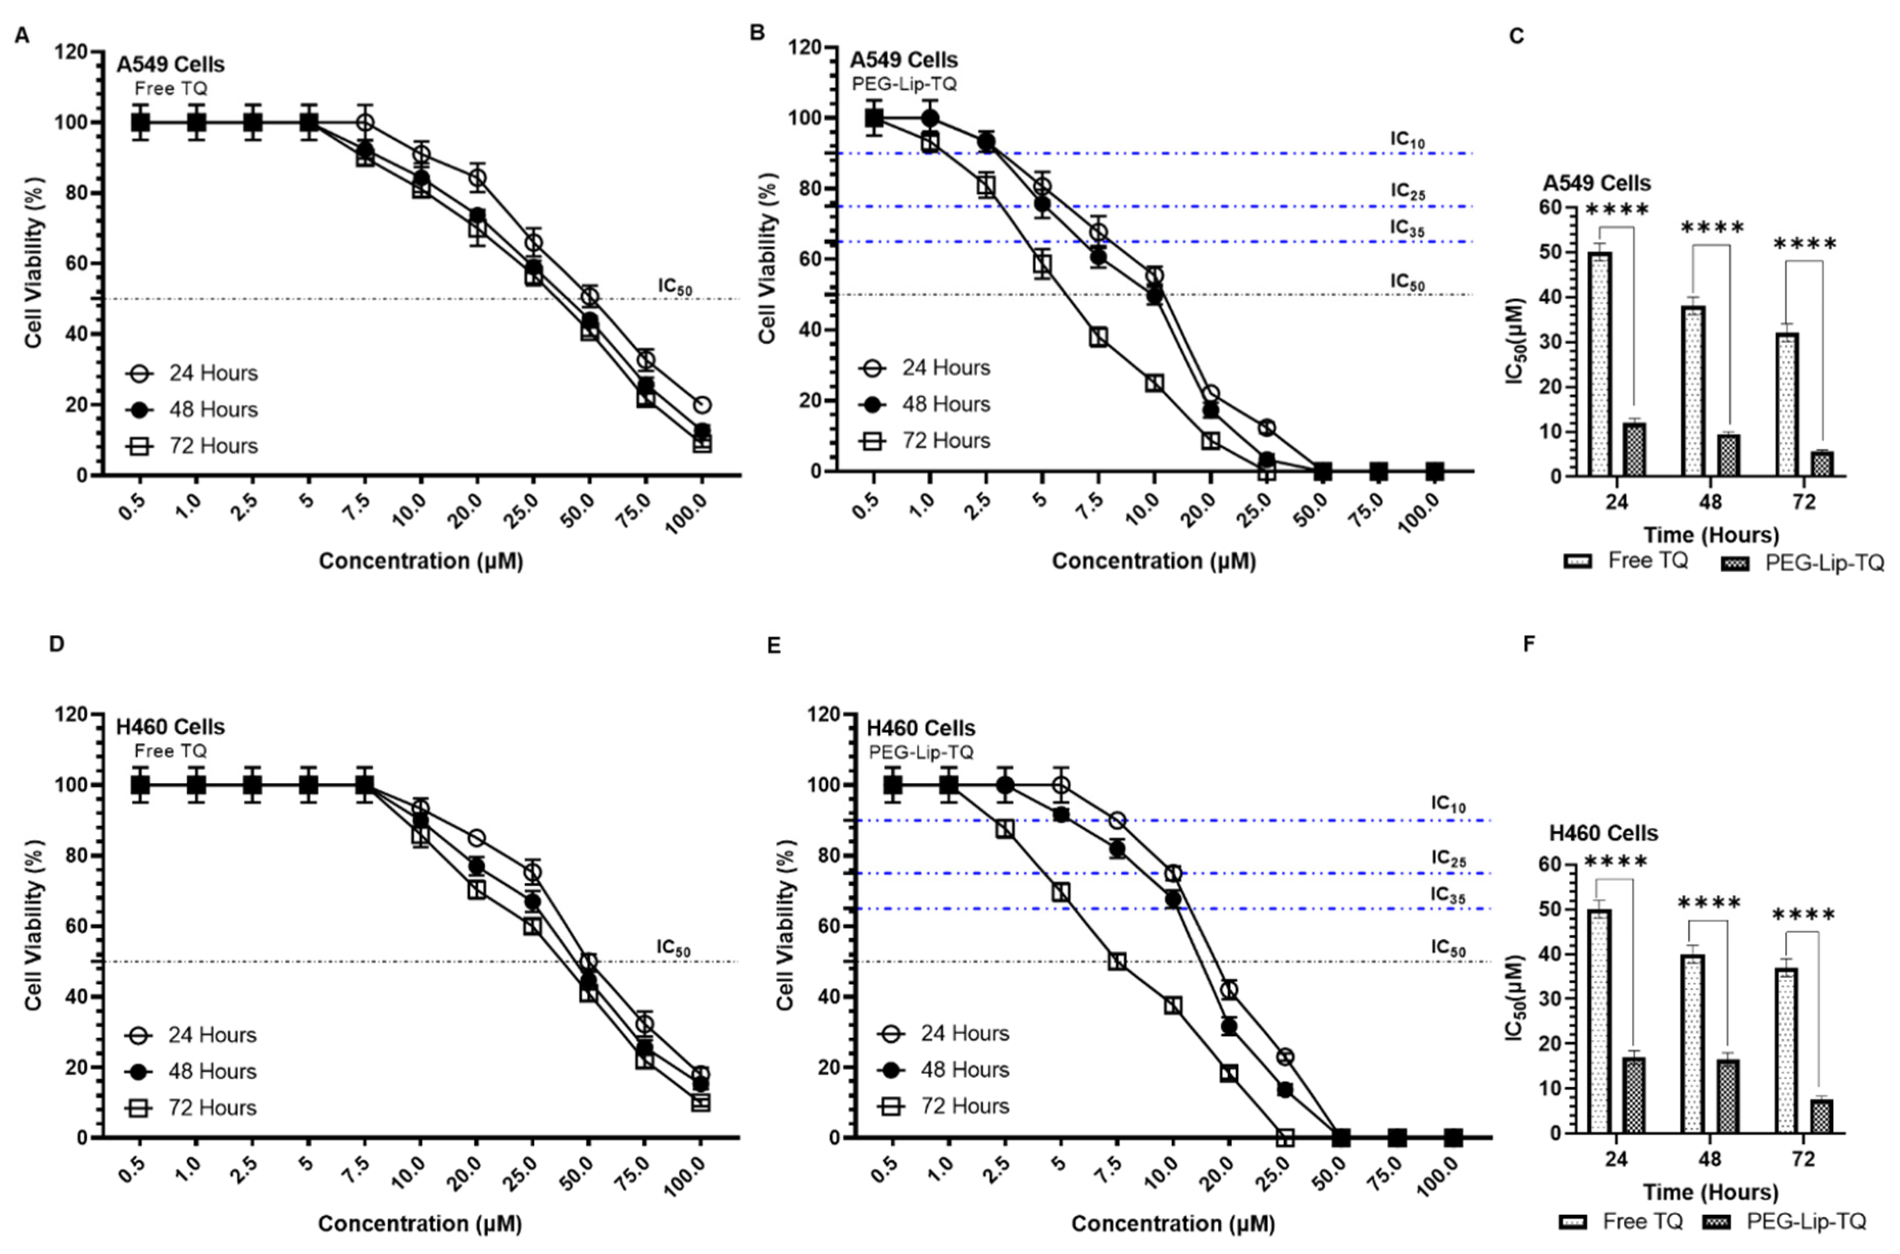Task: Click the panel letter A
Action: (22, 36)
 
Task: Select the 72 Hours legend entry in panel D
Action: (191, 1108)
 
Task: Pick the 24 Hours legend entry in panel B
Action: (925, 368)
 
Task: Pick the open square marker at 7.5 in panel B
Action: (1098, 337)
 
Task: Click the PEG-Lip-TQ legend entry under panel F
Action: (1793, 1222)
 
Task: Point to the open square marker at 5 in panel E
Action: (1061, 892)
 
